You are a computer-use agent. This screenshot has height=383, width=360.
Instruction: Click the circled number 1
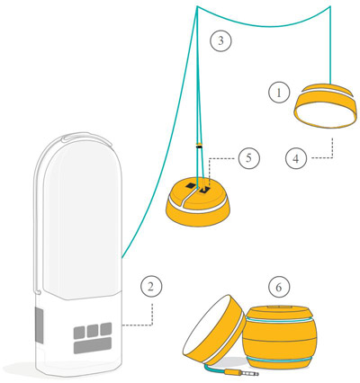pyautogui.click(x=279, y=93)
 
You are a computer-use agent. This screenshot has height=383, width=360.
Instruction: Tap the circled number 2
pyautogui.click(x=151, y=287)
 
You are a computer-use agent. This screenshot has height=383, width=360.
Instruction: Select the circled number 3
pyautogui.click(x=220, y=40)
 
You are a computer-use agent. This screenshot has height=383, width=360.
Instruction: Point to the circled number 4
pyautogui.click(x=296, y=158)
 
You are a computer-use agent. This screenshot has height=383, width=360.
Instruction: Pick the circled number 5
pyautogui.click(x=248, y=157)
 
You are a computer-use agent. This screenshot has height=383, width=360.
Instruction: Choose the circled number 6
pyautogui.click(x=279, y=288)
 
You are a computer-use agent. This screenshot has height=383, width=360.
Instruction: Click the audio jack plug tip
pyautogui.click(x=256, y=374)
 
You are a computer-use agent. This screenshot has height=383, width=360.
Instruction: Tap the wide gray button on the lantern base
pyautogui.click(x=93, y=346)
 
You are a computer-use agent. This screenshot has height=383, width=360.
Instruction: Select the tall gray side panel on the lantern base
pyautogui.click(x=39, y=325)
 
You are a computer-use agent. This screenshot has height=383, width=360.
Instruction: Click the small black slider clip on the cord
pyautogui.click(x=199, y=147)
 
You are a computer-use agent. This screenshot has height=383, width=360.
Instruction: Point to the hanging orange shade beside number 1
pyautogui.click(x=326, y=105)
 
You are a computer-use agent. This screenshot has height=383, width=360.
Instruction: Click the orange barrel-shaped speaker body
pyautogui.click(x=280, y=336)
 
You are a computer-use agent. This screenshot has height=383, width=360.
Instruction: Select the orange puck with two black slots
pyautogui.click(x=199, y=202)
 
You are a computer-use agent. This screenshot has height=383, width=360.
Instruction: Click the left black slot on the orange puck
pyautogui.click(x=191, y=186)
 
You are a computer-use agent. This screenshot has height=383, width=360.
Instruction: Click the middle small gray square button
pyautogui.click(x=93, y=331)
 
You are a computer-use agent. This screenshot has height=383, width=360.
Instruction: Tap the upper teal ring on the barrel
pyautogui.click(x=280, y=320)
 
